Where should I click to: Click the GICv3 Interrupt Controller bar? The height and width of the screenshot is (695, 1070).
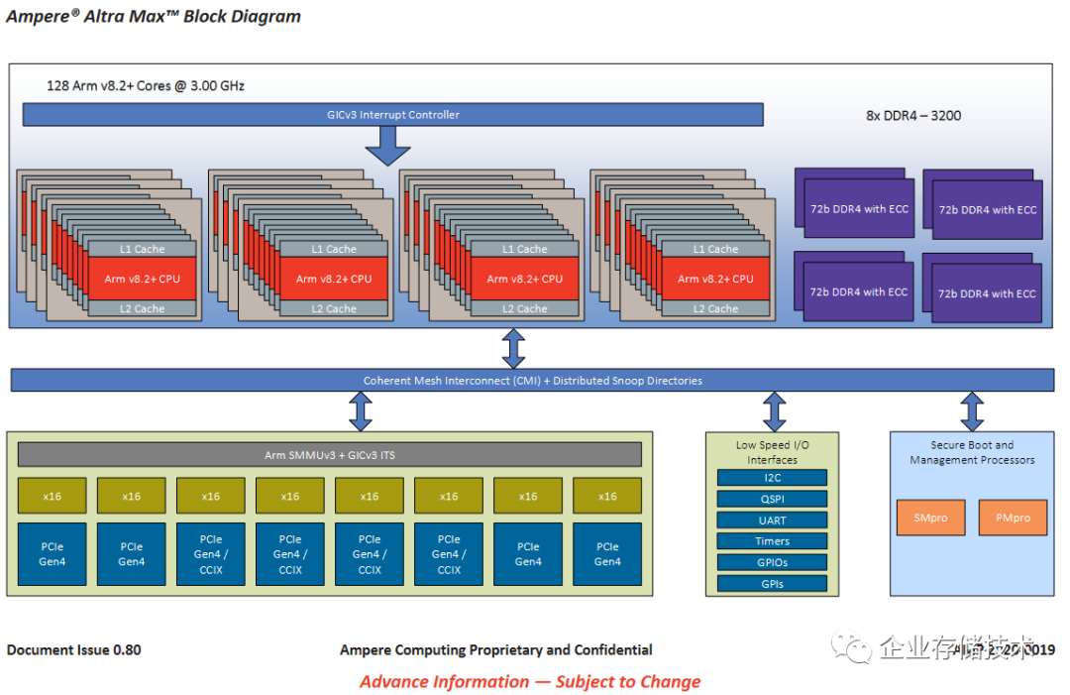(x=392, y=115)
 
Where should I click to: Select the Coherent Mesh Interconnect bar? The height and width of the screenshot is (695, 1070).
(x=532, y=381)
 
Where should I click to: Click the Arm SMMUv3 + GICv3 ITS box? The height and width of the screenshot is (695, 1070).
(x=330, y=455)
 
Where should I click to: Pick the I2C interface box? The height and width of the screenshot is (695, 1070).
(x=772, y=478)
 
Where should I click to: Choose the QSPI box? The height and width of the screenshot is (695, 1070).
(x=772, y=499)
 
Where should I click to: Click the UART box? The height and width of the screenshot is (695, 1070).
(x=772, y=521)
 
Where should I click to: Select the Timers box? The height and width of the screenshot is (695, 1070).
(x=772, y=541)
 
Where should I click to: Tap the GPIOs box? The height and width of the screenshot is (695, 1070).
(x=772, y=562)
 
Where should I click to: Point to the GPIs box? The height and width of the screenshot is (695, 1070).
(x=772, y=584)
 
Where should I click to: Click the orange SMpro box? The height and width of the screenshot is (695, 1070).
(x=931, y=518)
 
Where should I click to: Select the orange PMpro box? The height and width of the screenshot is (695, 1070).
(x=1013, y=518)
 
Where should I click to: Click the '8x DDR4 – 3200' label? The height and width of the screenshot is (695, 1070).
(x=912, y=116)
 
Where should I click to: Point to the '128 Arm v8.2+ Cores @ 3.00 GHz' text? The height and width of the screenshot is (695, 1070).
(x=146, y=86)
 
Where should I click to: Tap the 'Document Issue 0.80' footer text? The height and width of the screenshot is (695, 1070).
(x=74, y=650)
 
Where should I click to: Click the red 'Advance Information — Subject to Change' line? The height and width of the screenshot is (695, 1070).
(x=530, y=682)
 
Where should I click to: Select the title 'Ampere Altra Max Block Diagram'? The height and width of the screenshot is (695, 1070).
(x=154, y=17)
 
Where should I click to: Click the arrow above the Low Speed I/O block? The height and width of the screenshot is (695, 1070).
(x=774, y=411)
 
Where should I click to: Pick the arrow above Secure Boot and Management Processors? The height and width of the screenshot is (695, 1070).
(x=972, y=411)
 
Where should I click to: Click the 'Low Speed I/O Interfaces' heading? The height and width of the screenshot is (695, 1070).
(x=772, y=452)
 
